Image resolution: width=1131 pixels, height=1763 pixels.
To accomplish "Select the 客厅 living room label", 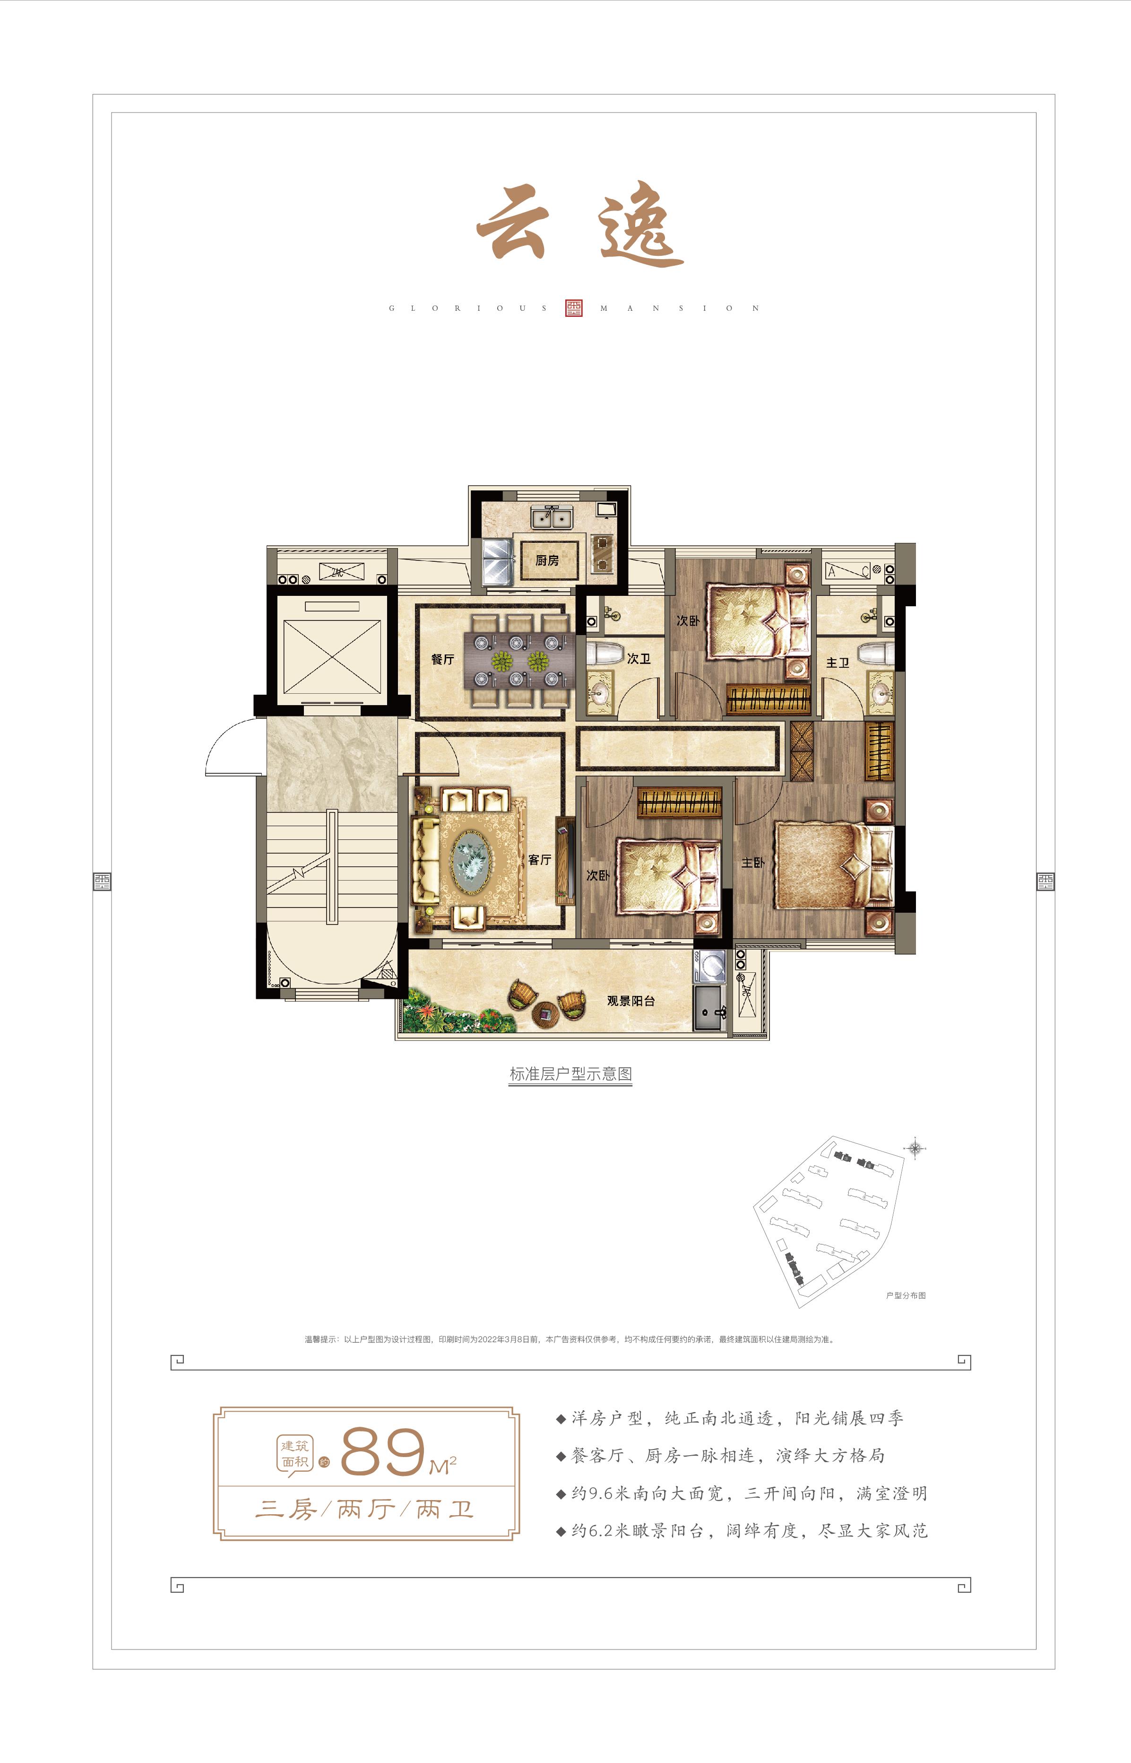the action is pos(540,859).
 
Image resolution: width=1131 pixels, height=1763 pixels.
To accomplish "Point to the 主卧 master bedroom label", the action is pos(753,862).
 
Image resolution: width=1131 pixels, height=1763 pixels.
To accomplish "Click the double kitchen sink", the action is pos(553,518).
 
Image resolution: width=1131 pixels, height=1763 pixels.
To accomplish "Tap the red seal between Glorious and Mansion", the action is pos(574,308).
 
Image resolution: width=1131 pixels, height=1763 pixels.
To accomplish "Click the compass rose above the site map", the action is pos(915,1148).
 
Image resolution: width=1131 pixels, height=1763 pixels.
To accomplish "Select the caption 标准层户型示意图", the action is pos(570,1074).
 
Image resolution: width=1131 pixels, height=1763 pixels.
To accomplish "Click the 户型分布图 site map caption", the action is pos(906,1296).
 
